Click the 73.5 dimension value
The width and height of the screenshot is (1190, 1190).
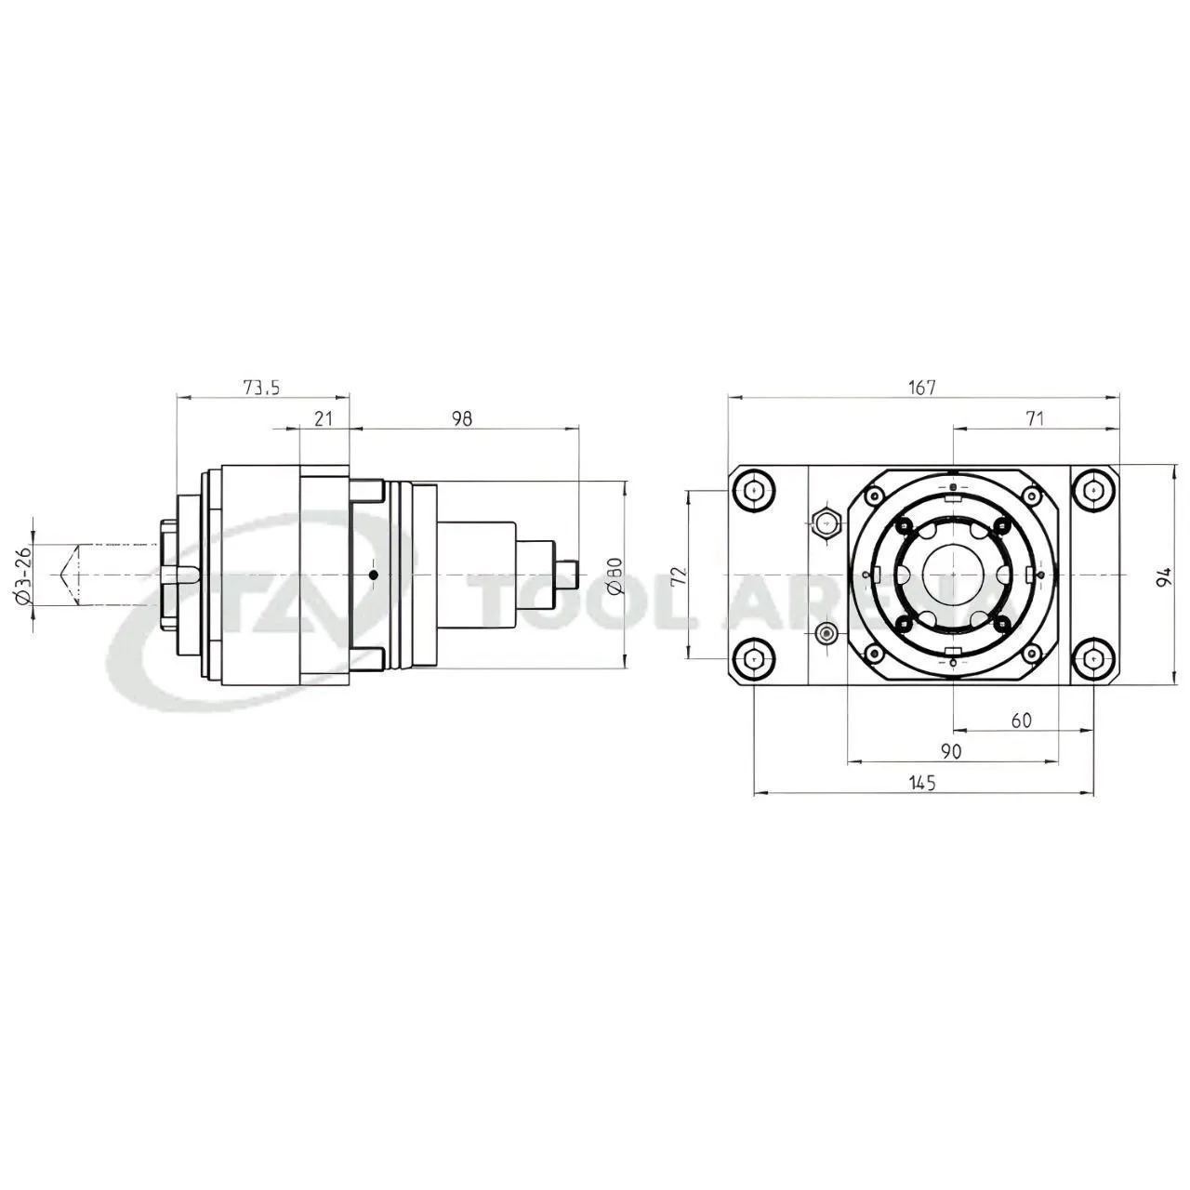pos(262,388)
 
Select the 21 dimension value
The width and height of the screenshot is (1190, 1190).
pos(323,418)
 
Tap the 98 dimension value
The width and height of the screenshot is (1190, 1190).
pos(461,418)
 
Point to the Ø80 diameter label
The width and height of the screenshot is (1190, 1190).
pos(615,575)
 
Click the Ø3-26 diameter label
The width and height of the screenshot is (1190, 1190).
pos(22,575)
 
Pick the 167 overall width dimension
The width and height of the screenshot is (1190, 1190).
pos(922,388)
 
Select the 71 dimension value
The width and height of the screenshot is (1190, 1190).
pos(1035,418)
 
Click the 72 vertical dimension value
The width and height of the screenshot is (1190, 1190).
pos(679,575)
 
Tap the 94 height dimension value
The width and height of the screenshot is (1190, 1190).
pos(1165,575)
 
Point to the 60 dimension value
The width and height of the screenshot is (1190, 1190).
pos(1022,721)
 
